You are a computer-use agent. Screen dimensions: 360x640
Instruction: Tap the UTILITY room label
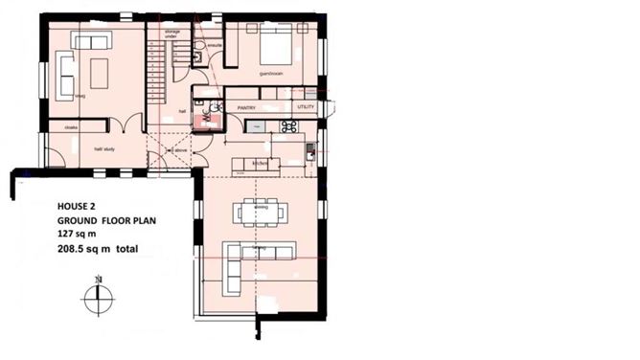point(306,106)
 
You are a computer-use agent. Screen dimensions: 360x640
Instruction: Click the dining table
point(259,211)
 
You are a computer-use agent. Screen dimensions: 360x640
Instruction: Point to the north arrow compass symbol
point(98,297)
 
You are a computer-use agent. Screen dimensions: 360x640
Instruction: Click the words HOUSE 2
point(78,205)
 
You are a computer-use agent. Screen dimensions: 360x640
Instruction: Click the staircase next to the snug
point(157,67)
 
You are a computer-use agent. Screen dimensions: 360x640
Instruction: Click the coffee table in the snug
point(99,69)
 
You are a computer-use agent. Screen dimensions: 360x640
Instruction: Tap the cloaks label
point(70,126)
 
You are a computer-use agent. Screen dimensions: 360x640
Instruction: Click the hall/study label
point(103,149)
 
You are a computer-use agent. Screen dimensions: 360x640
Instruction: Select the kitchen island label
point(259,164)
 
